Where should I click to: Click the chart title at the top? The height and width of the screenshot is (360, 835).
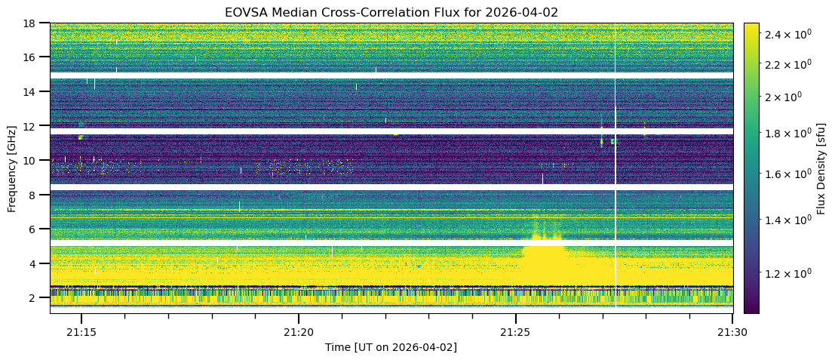point(391,12)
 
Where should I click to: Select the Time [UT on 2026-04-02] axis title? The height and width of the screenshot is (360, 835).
point(391,347)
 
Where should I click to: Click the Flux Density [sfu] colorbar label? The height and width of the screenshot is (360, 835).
point(821,168)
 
